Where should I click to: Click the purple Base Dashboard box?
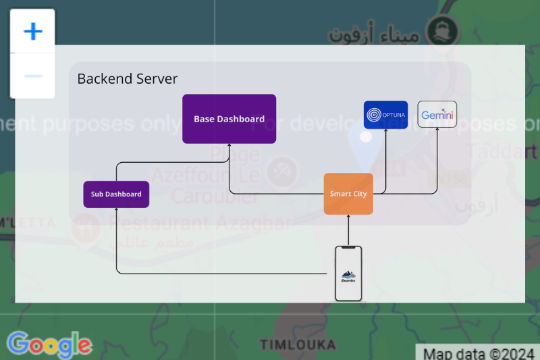(229, 119)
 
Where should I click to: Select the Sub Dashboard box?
(116, 195)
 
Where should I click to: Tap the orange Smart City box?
(348, 194)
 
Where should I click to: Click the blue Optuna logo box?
(385, 115)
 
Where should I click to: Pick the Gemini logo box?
(437, 115)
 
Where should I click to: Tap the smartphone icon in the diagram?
(348, 274)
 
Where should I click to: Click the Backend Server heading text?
(128, 79)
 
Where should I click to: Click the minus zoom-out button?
(32, 76)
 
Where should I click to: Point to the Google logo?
(49, 344)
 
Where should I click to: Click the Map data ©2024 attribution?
(477, 353)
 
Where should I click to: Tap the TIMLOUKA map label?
(298, 345)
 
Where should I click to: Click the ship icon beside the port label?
(443, 30)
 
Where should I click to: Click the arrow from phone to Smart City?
(348, 230)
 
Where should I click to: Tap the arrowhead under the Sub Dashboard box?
(116, 211)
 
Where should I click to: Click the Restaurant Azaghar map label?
(199, 223)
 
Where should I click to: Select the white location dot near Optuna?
(366, 136)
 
